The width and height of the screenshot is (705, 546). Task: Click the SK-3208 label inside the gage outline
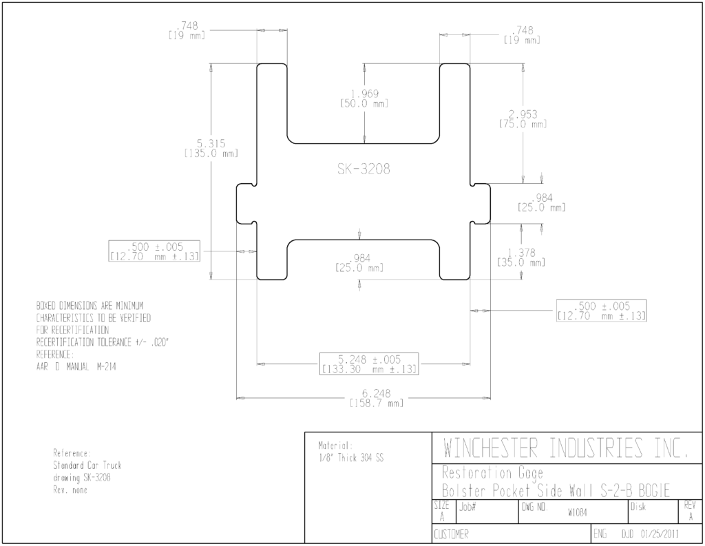pyautogui.click(x=364, y=169)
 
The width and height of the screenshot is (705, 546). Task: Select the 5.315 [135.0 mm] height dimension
pyautogui.click(x=211, y=148)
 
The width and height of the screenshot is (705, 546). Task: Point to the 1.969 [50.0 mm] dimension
pyautogui.click(x=364, y=98)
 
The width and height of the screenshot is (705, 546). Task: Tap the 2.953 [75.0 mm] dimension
pyautogui.click(x=523, y=118)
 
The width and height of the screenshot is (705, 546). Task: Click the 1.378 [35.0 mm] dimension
pyautogui.click(x=521, y=258)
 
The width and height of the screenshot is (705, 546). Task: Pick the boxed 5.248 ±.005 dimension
pyautogui.click(x=369, y=364)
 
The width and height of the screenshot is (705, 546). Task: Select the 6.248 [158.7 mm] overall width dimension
pyautogui.click(x=377, y=398)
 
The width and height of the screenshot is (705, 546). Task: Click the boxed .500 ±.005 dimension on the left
pyautogui.click(x=154, y=251)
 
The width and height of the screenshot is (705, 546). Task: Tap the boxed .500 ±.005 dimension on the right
pyautogui.click(x=602, y=311)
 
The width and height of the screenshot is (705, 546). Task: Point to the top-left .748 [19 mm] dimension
pyautogui.click(x=187, y=30)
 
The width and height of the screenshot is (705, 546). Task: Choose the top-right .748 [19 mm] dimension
pyautogui.click(x=522, y=34)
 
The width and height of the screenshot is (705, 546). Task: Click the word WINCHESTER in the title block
pyautogui.click(x=490, y=448)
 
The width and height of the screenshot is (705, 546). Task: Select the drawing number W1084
pyautogui.click(x=578, y=513)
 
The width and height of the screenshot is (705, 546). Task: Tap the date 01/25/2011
pyautogui.click(x=660, y=534)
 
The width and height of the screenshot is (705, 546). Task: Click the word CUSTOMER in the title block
pyautogui.click(x=451, y=534)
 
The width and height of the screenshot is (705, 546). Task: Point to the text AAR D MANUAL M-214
pyautogui.click(x=76, y=366)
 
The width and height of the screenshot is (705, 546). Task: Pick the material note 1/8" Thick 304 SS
pyautogui.click(x=351, y=459)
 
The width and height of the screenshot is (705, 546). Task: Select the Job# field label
pyautogui.click(x=467, y=507)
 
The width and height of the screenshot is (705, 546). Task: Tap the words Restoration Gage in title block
pyautogui.click(x=493, y=473)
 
